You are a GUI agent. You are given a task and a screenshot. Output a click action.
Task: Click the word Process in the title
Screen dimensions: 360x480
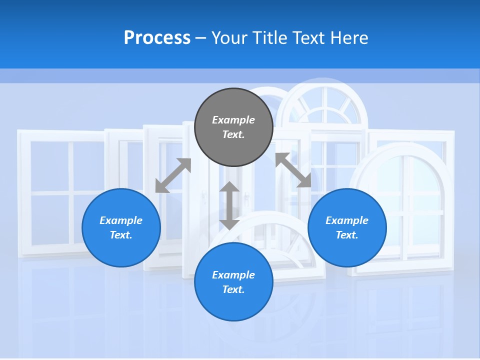157,38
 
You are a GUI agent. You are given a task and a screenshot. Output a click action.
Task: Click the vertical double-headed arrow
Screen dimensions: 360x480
229,205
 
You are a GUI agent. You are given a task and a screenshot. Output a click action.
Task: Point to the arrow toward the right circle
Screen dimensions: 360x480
293,170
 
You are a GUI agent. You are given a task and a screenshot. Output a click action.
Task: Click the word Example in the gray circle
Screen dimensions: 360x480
233,120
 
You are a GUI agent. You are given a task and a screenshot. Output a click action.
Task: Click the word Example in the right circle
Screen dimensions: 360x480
347,220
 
